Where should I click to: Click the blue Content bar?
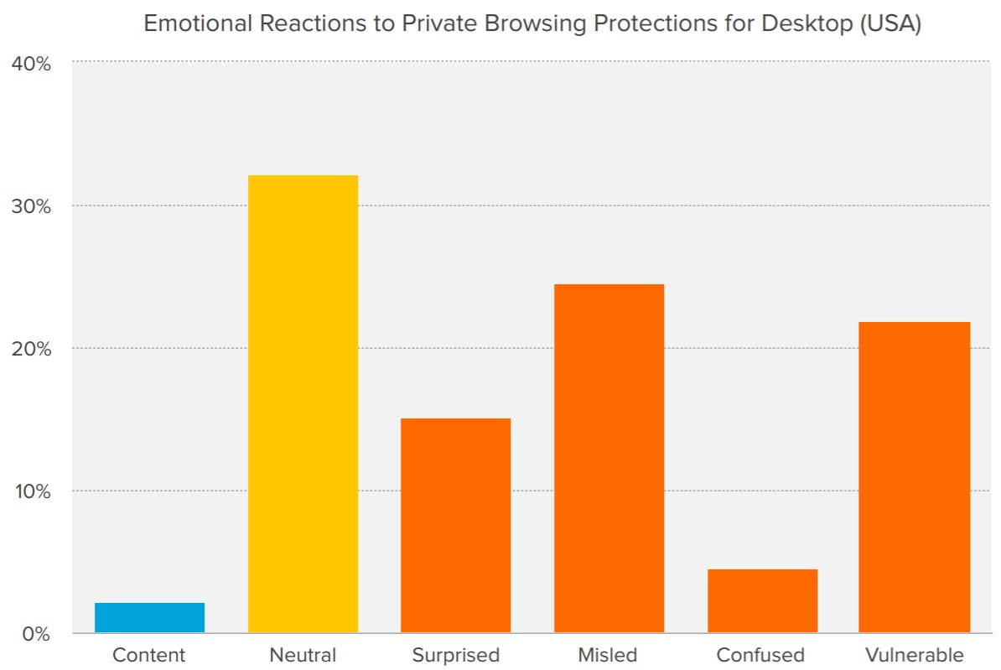[x=149, y=617]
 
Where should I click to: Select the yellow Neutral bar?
[x=303, y=403]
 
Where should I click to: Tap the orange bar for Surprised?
[x=455, y=525]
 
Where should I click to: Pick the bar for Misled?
[x=609, y=458]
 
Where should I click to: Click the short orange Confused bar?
[x=762, y=600]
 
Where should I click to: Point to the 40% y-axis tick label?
[x=32, y=64]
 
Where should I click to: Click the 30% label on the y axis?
[x=32, y=206]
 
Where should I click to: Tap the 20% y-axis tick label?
[x=32, y=349]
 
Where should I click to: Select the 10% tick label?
[x=32, y=491]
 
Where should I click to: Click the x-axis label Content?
[x=149, y=655]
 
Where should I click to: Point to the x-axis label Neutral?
[x=303, y=655]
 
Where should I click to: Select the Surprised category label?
[x=455, y=655]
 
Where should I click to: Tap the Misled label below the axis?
[x=608, y=655]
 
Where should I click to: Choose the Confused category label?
[x=761, y=655]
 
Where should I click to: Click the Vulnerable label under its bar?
[x=915, y=655]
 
